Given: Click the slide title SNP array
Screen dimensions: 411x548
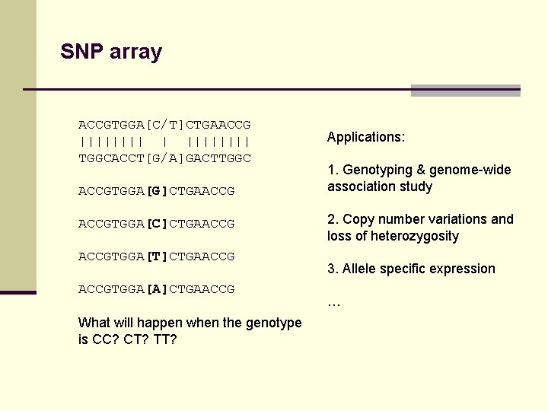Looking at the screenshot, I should point(111,52).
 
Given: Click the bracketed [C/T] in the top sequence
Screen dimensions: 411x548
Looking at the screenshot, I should point(164,124).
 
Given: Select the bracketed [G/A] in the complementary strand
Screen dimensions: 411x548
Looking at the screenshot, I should point(164,158).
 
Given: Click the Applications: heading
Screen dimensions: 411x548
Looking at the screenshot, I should point(366,137).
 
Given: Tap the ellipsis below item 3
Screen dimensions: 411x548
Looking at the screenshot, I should point(333,302).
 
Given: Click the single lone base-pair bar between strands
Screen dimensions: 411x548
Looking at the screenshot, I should point(164,141).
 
